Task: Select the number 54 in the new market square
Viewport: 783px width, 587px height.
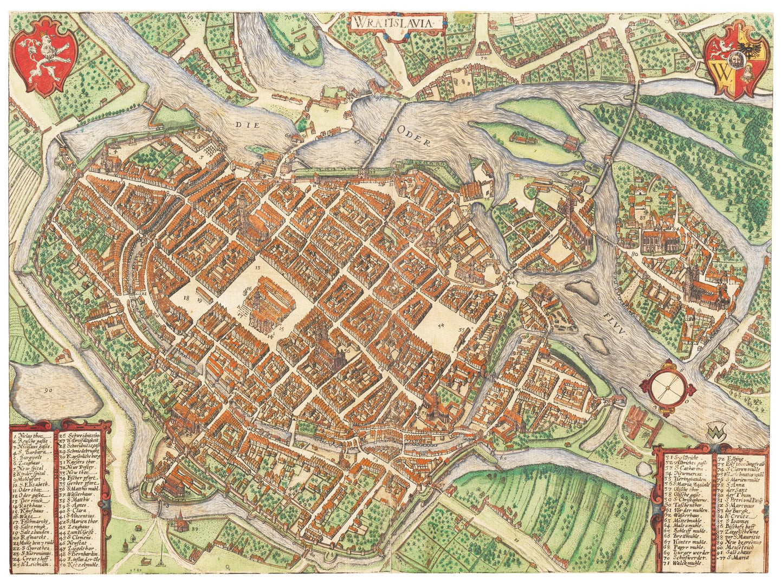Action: (441, 325)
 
